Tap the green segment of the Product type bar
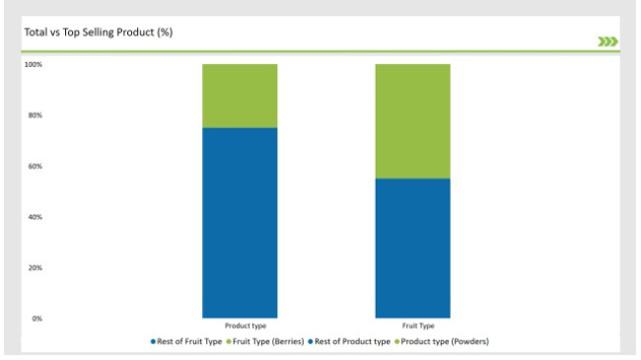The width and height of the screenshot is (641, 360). (x=240, y=96)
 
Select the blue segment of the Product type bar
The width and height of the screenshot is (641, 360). (x=240, y=222)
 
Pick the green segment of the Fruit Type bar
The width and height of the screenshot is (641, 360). (x=412, y=120)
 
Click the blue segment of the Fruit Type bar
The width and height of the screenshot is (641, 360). (x=412, y=247)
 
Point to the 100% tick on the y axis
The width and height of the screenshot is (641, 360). (x=34, y=65)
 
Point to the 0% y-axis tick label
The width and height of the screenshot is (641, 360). (x=36, y=319)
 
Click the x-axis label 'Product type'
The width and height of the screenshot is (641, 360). (x=240, y=324)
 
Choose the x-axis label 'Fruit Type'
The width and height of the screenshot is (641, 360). (x=412, y=324)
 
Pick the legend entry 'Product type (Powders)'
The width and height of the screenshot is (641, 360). (x=445, y=341)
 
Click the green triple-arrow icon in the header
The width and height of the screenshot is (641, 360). (x=608, y=40)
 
